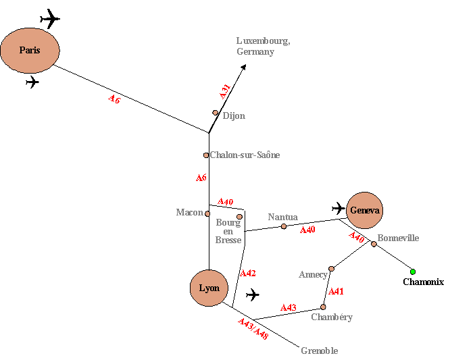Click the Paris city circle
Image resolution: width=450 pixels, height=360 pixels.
coord(30,50)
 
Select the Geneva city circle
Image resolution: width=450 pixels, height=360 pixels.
coord(365,210)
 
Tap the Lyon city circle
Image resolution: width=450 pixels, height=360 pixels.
coord(209,288)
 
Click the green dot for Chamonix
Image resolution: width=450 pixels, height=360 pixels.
coord(413,272)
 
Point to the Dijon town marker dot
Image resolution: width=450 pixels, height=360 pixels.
coord(216,113)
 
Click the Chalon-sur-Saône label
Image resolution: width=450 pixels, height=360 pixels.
coord(245,155)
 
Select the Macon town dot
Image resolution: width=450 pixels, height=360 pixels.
coord(208,213)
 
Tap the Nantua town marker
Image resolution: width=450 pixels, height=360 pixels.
coord(284,226)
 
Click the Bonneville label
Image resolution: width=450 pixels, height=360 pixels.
coord(398,238)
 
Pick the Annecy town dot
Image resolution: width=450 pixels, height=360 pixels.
coord(331,269)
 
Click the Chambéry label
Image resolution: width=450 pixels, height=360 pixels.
coord(332,317)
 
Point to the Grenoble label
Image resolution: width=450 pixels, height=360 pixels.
coord(320,351)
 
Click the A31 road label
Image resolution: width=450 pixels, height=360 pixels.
coord(226,91)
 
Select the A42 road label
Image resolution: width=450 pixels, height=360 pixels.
coord(248,274)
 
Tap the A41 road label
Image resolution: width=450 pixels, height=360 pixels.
coord(336,292)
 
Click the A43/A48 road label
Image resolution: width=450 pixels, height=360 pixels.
coord(253,328)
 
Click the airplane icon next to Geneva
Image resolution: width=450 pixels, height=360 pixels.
coord(339,208)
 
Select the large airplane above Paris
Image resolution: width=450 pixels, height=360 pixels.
coord(50,18)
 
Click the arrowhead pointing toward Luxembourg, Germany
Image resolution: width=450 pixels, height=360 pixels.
coord(243,67)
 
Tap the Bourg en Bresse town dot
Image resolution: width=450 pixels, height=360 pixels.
coord(239,217)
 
